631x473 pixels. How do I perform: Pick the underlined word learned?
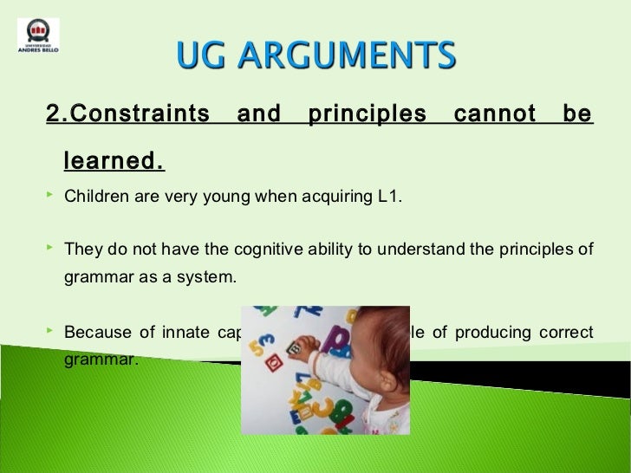click(x=114, y=161)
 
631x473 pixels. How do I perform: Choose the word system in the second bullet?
click(x=210, y=278)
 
